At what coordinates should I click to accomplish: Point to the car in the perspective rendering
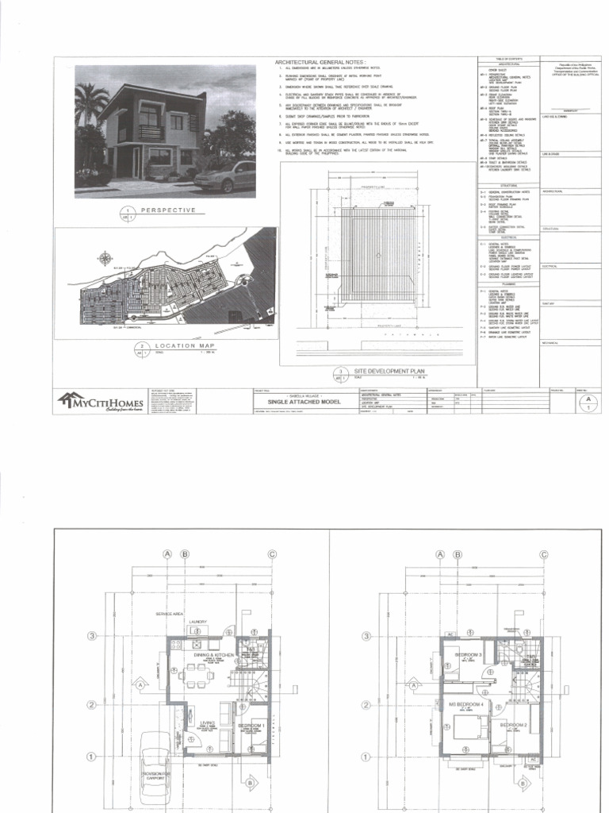tap(224, 176)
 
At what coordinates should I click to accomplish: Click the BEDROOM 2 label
tap(513, 726)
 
